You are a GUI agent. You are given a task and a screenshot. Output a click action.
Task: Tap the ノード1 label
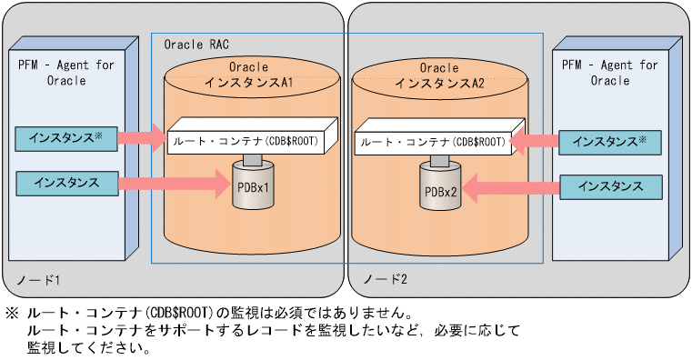click(35, 277)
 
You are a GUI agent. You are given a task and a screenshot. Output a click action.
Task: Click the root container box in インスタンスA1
click(248, 140)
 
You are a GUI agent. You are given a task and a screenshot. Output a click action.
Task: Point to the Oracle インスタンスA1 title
click(248, 75)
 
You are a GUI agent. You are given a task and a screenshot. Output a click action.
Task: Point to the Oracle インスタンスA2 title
click(440, 75)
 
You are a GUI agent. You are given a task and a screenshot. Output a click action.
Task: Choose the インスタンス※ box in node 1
click(66, 138)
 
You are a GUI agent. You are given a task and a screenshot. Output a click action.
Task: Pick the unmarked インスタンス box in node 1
click(66, 183)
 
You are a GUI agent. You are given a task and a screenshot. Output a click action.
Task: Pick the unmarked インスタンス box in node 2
click(609, 187)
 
